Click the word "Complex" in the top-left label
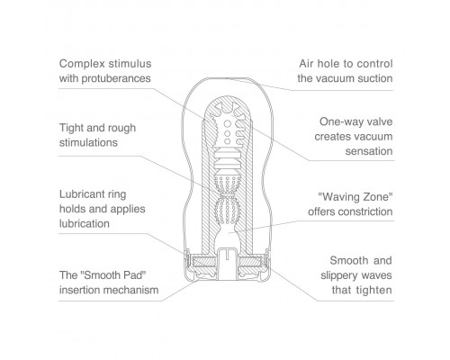point(82,64)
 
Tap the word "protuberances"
point(116,78)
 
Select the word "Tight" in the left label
point(71,128)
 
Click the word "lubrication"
point(85,223)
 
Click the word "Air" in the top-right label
point(306,64)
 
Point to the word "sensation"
point(369,151)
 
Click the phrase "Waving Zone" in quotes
point(355,197)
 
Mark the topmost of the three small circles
point(228,123)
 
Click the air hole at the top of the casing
point(227,78)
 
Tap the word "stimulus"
point(130,64)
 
